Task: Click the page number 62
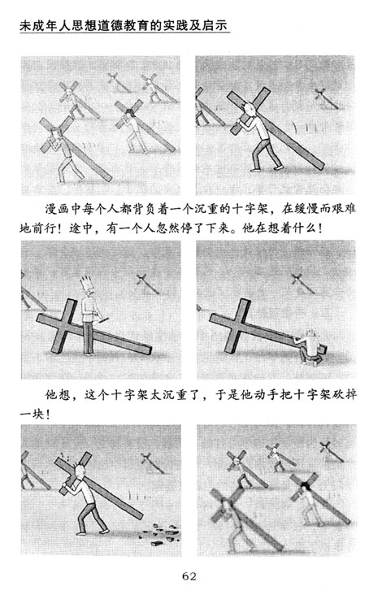(189, 576)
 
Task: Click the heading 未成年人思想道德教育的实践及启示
(124, 25)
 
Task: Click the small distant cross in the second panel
(325, 98)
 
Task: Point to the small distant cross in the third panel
(147, 284)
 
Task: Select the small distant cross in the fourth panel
(302, 283)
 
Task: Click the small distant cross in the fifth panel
(153, 463)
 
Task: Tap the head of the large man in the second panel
(249, 110)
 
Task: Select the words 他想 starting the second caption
(58, 395)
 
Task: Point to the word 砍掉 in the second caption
(345, 395)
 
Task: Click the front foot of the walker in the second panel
(255, 171)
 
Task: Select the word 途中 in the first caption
(80, 228)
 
